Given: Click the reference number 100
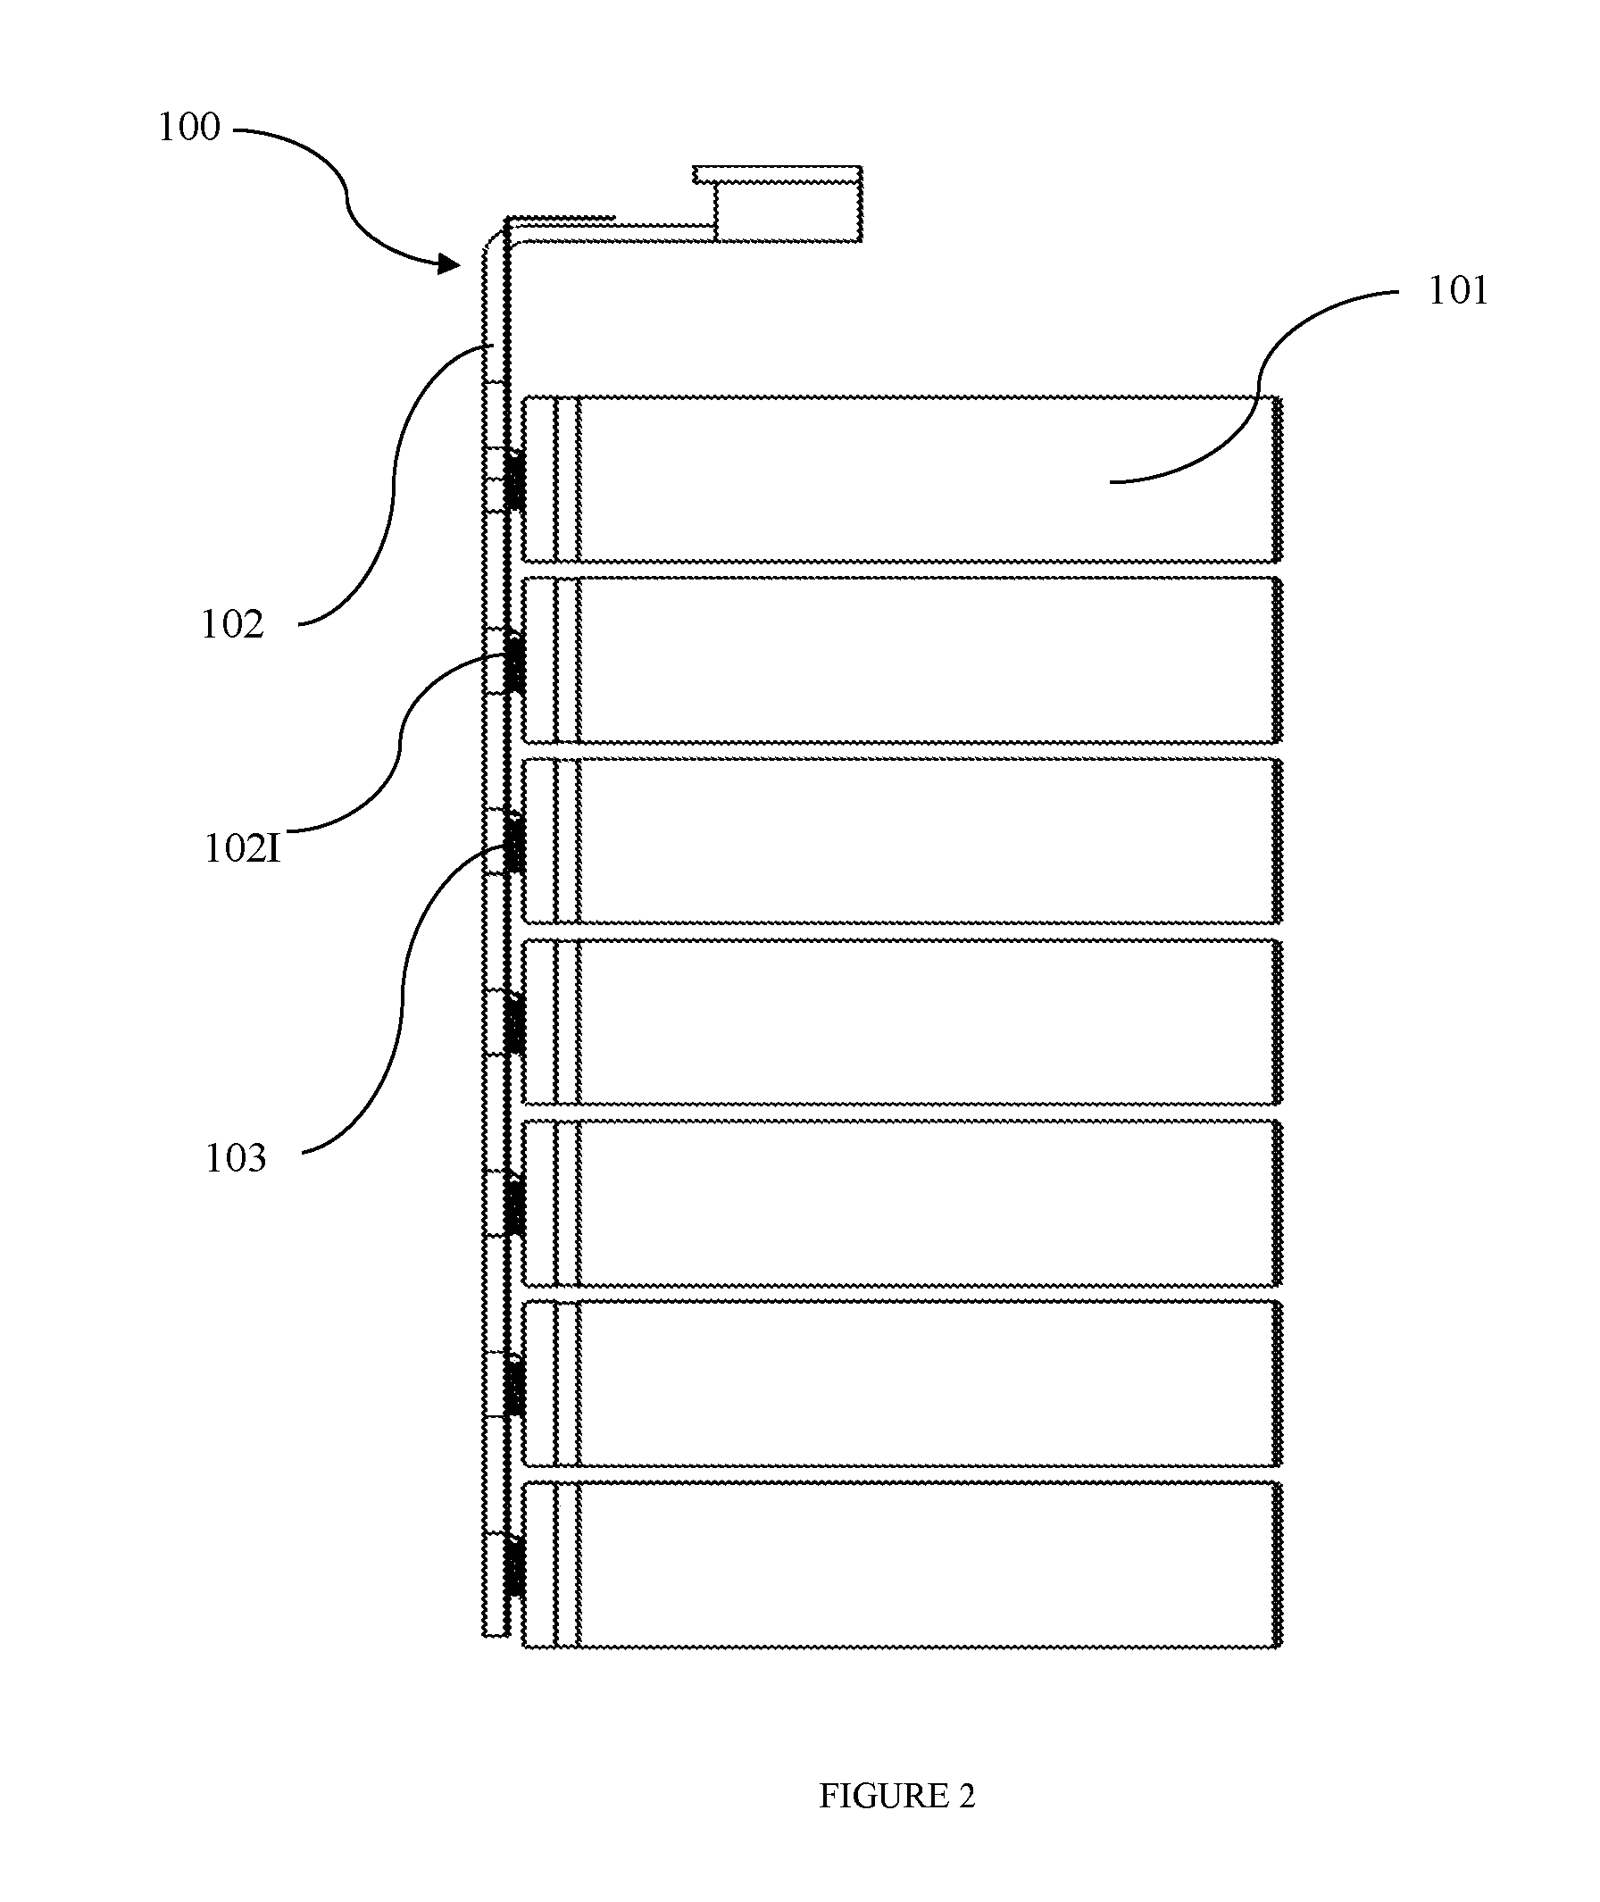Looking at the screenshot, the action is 188,127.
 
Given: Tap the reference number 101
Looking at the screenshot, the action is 1459,291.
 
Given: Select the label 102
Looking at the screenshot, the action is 232,625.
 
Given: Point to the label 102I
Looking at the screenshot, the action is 242,849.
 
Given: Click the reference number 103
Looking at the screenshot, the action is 236,1159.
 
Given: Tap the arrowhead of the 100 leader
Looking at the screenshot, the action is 449,264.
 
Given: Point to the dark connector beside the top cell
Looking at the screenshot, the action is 514,480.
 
